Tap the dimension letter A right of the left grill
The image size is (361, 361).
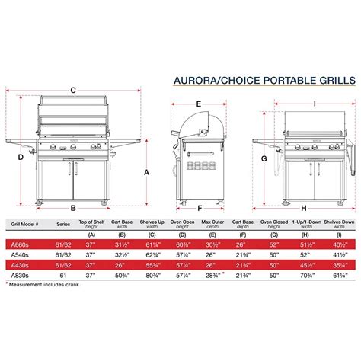pos(145,172)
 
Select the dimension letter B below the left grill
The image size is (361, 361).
pos(73,207)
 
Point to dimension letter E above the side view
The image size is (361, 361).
pos(198,103)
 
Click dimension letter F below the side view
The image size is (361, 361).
pos(198,207)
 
